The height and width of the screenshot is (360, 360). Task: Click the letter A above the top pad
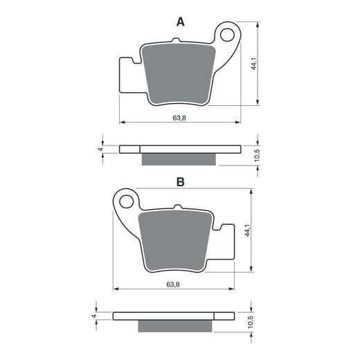(x=181, y=22)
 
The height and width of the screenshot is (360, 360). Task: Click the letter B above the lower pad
(x=181, y=182)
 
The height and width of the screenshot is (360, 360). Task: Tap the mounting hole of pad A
(x=227, y=35)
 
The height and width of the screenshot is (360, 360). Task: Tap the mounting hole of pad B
(x=127, y=201)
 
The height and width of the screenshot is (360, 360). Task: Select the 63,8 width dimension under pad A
(x=179, y=118)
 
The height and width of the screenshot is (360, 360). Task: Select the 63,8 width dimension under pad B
(x=173, y=285)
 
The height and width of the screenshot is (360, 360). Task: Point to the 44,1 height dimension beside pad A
(x=254, y=64)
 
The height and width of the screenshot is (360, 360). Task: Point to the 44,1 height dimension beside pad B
(x=247, y=230)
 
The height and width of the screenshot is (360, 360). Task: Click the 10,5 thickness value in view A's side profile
(x=258, y=155)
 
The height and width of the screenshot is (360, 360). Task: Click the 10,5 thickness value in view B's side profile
(x=251, y=322)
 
